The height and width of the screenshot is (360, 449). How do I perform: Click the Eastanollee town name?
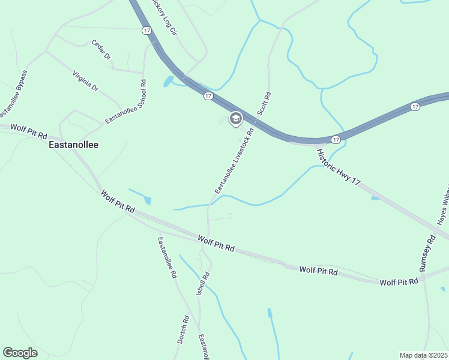pos(74,145)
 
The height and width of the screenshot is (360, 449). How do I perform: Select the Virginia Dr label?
pos(85,80)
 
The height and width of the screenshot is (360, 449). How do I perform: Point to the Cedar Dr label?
pos(101,50)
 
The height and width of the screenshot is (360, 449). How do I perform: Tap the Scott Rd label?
pos(264,103)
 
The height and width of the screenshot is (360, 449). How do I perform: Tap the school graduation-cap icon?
pos(235,118)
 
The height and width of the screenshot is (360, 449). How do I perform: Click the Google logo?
pos(20,353)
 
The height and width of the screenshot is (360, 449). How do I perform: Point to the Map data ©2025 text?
pos(423,355)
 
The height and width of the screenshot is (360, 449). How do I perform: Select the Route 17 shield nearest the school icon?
pos(208,96)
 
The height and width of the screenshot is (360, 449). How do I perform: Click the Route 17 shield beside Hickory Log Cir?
pos(146,30)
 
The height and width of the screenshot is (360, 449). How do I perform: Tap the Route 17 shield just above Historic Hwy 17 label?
pos(336,139)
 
